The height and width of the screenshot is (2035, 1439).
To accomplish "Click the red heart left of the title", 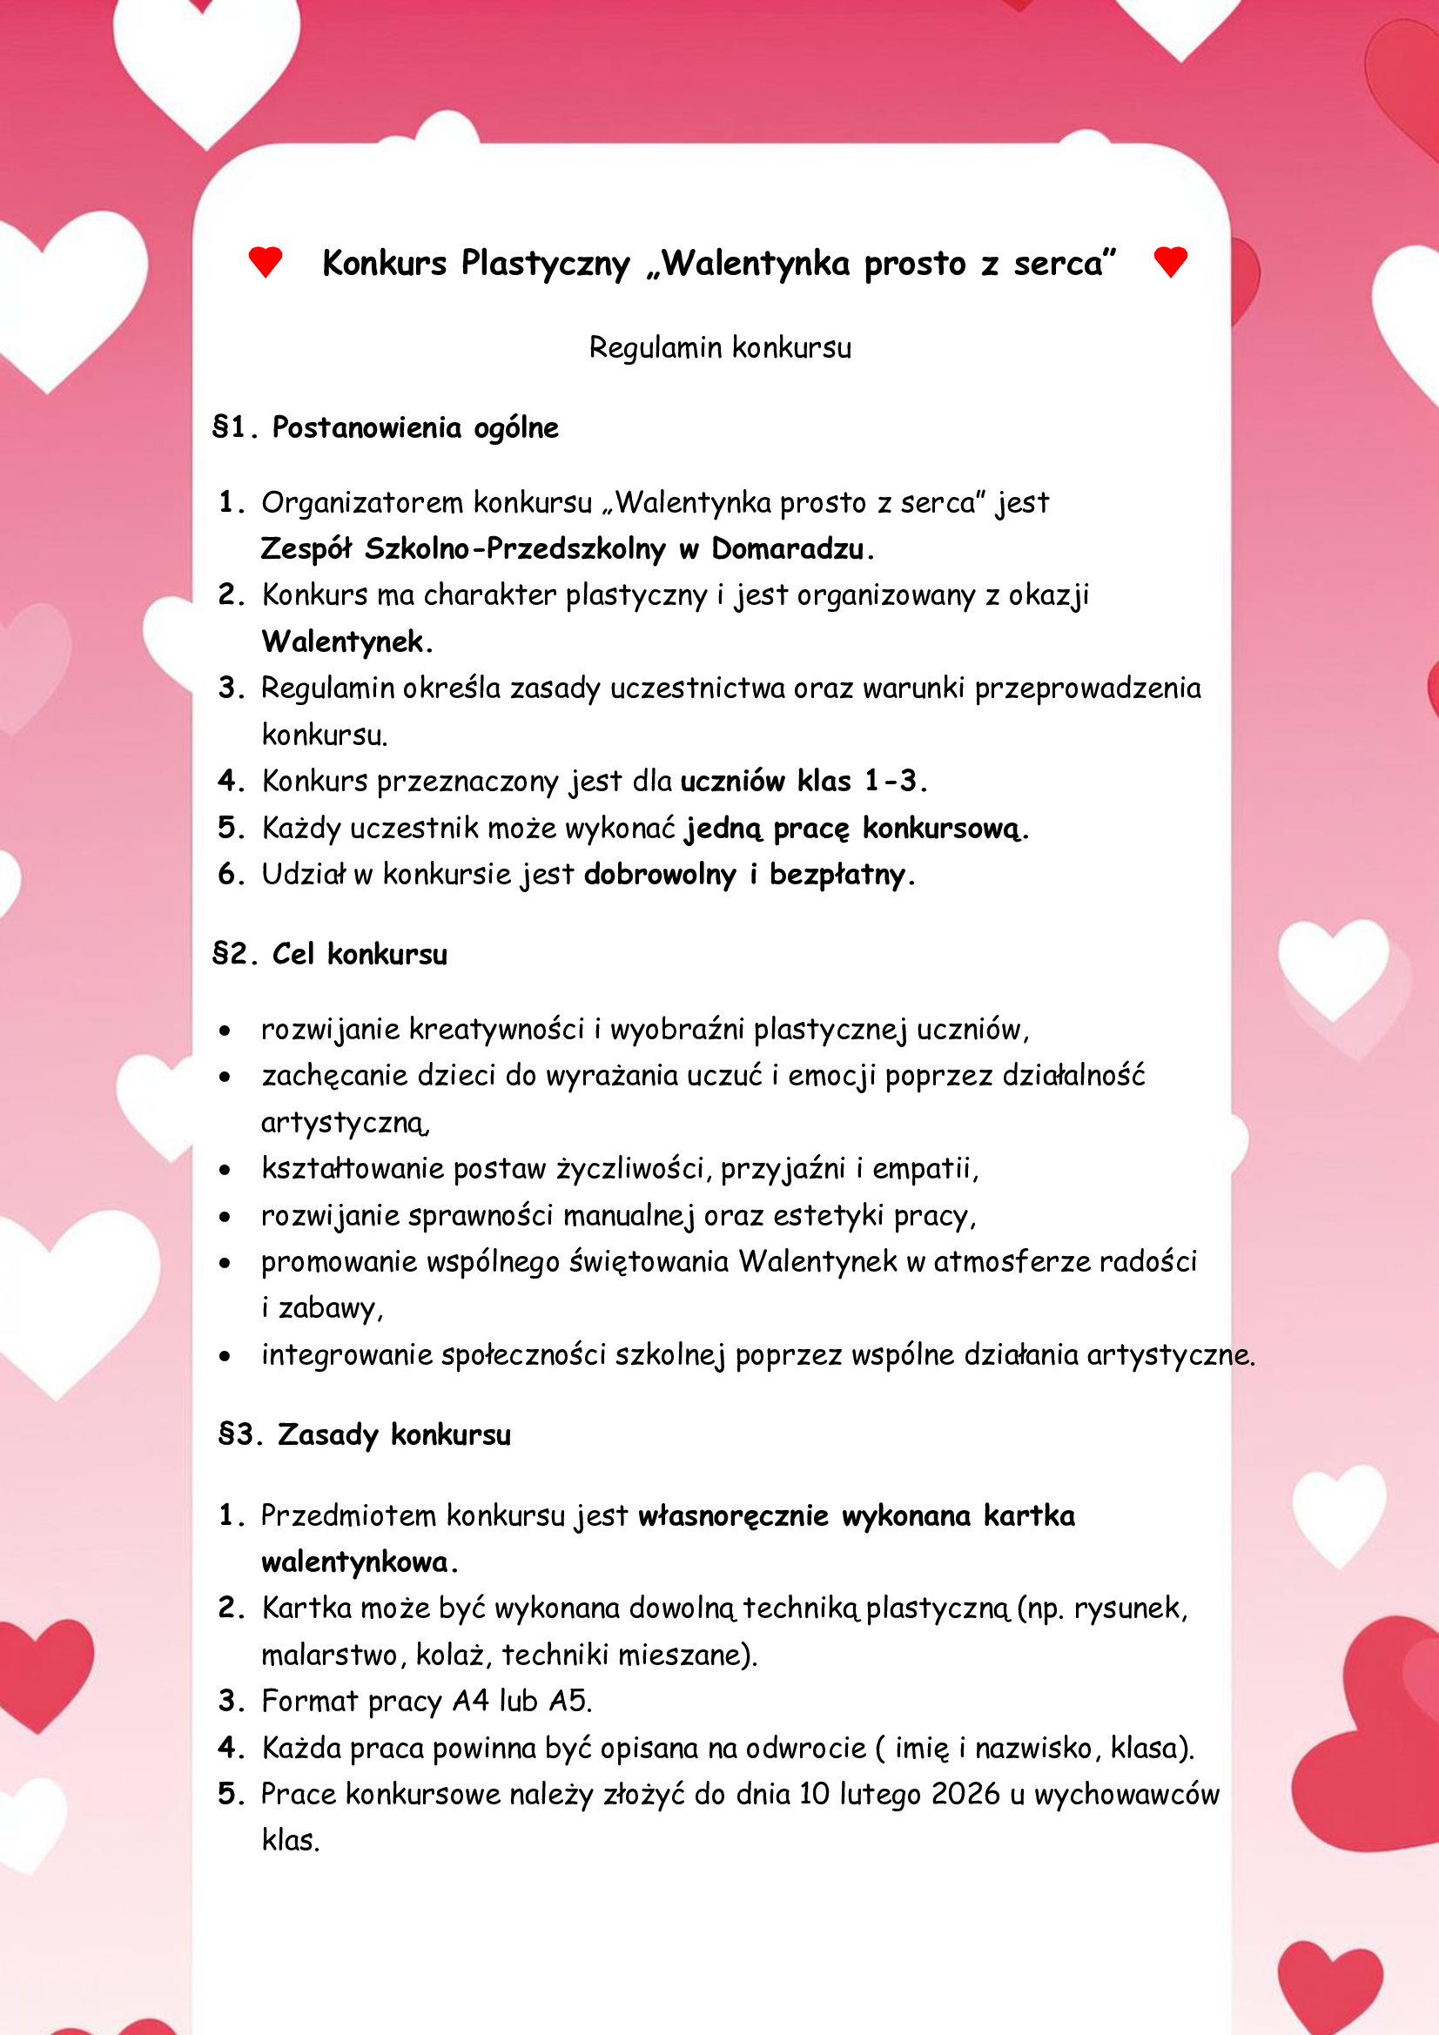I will (x=266, y=262).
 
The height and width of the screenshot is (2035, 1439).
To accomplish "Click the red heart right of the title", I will (x=1170, y=262).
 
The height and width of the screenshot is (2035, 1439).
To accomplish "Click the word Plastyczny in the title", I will (x=544, y=264).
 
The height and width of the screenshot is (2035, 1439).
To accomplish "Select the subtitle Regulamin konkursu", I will (x=720, y=347).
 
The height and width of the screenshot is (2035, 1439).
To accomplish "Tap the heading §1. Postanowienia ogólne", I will (x=386, y=427).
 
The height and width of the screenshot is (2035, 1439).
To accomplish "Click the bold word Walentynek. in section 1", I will (x=346, y=641).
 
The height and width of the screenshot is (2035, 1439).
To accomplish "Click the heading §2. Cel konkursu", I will (x=330, y=955).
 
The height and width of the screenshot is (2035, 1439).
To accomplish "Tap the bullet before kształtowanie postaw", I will (x=225, y=1170).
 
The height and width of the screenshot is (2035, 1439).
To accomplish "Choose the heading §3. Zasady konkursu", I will (x=365, y=1434).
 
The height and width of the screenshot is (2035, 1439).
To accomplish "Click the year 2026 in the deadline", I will (x=965, y=1794).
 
